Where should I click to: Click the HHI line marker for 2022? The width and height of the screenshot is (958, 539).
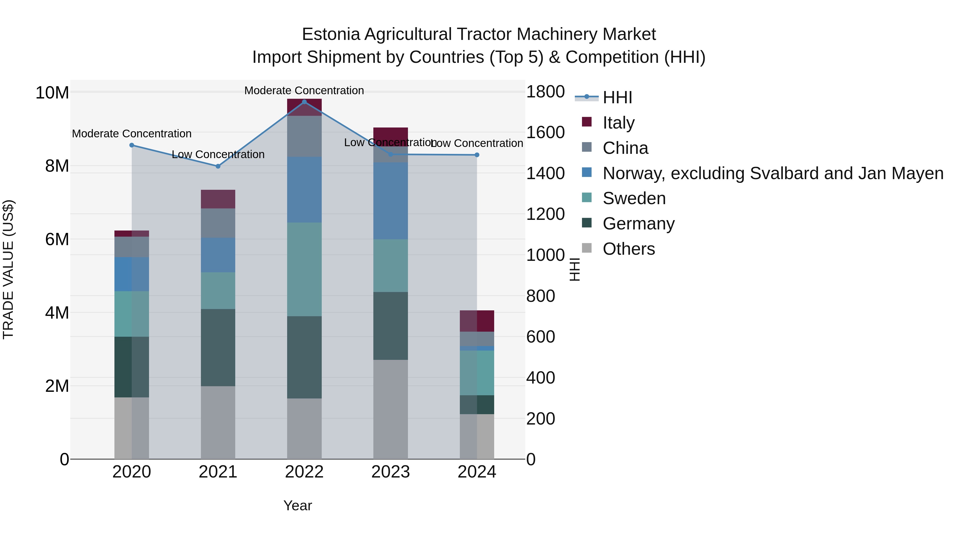(x=304, y=102)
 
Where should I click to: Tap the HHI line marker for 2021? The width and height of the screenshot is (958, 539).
(x=218, y=166)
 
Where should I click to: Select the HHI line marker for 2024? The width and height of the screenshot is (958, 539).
(x=477, y=155)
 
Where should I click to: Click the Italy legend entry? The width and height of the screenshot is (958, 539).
(x=618, y=123)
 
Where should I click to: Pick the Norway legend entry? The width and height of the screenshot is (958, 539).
(x=773, y=173)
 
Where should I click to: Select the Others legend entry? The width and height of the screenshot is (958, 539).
(x=629, y=249)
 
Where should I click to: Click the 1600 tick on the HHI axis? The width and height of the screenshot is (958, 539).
(x=545, y=133)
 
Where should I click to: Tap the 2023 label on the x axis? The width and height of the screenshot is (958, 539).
(x=390, y=472)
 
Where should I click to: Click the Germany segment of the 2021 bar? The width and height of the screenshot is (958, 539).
(x=218, y=347)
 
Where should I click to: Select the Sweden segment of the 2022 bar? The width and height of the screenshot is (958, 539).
(x=304, y=269)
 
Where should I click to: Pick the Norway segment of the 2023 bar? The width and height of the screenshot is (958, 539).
(x=390, y=201)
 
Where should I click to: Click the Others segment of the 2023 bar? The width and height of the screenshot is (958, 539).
(x=390, y=409)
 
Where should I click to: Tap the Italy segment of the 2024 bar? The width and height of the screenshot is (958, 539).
(x=477, y=321)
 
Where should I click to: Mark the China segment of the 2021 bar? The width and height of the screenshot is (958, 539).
(x=218, y=223)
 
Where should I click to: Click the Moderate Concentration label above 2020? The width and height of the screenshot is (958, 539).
(x=132, y=134)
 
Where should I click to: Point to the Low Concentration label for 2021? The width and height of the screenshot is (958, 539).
(x=218, y=154)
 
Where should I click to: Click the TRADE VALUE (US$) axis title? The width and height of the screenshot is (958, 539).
(x=8, y=269)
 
